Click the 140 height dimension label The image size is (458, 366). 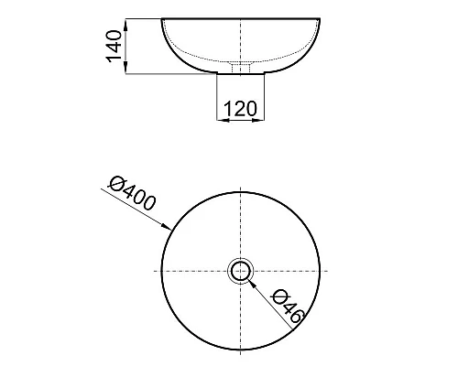114,46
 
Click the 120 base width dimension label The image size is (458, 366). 240,109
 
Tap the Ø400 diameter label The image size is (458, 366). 132,194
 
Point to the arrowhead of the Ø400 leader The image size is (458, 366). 167,227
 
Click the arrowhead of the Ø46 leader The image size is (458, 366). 252,284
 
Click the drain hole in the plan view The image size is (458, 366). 241,271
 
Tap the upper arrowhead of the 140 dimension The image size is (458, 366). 125,24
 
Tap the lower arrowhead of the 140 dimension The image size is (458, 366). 125,68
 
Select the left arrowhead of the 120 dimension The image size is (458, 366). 223,120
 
